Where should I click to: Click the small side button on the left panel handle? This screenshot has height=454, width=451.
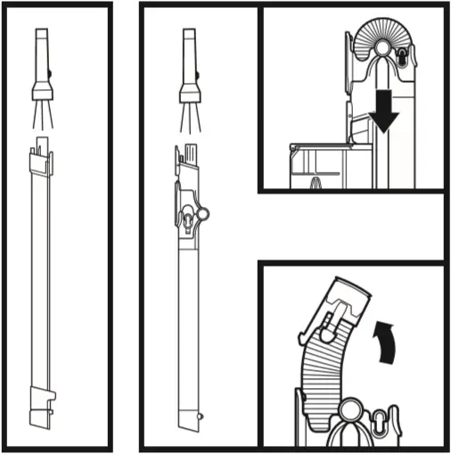52,76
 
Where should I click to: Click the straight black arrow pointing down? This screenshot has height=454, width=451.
384,111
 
